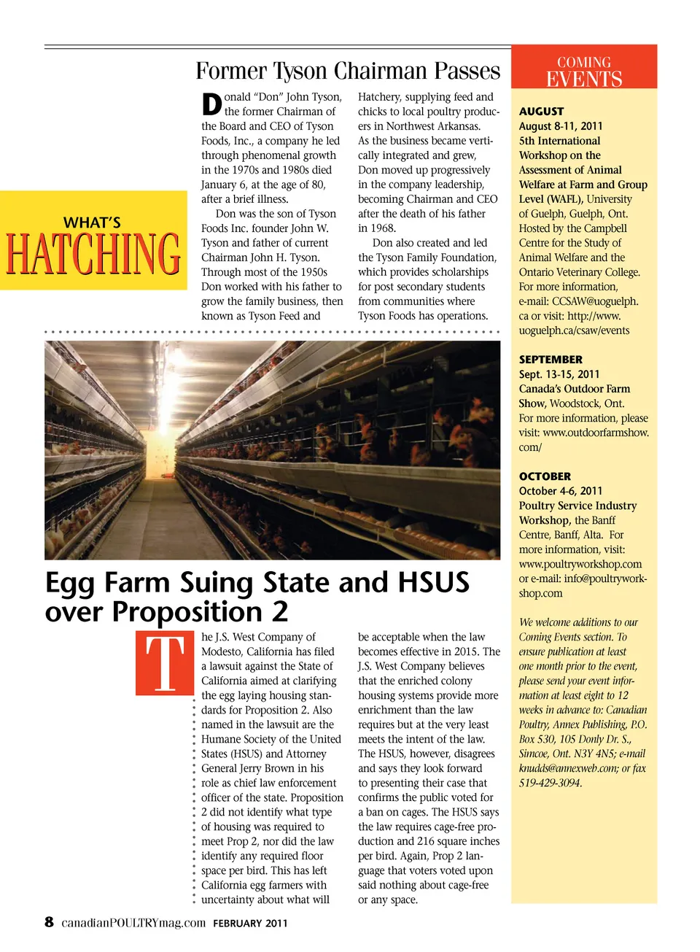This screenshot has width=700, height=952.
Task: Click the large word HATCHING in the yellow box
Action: click(93, 254)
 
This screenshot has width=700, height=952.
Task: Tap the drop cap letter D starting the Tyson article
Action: click(211, 104)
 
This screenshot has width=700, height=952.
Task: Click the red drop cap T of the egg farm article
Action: click(165, 663)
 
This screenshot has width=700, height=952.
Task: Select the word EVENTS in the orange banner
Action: click(584, 79)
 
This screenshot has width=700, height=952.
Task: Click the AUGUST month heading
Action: click(541, 112)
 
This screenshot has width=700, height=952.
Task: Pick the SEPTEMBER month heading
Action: click(551, 360)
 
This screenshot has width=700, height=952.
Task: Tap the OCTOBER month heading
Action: click(545, 476)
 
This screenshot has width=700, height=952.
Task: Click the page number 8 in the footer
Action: click(49, 921)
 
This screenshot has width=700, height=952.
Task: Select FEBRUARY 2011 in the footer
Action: click(250, 923)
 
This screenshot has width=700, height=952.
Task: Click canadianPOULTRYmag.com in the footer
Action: click(133, 923)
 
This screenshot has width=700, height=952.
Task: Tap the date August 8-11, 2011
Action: click(561, 126)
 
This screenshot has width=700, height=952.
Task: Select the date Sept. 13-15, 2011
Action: click(559, 374)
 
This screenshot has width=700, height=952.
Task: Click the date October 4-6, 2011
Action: click(561, 491)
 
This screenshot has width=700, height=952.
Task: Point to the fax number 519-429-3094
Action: click(551, 783)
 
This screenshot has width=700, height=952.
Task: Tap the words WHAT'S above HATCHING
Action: click(92, 222)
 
